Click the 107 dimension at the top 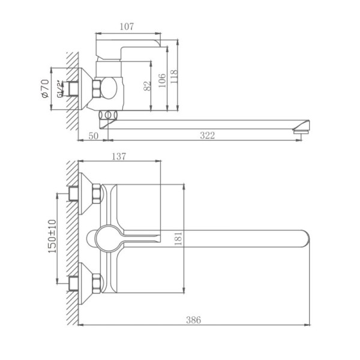(x=127, y=26)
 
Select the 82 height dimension (x=148, y=86)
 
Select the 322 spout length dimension (x=206, y=136)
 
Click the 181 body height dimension (x=178, y=239)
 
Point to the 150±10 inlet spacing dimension (x=52, y=237)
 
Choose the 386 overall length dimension (x=193, y=321)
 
